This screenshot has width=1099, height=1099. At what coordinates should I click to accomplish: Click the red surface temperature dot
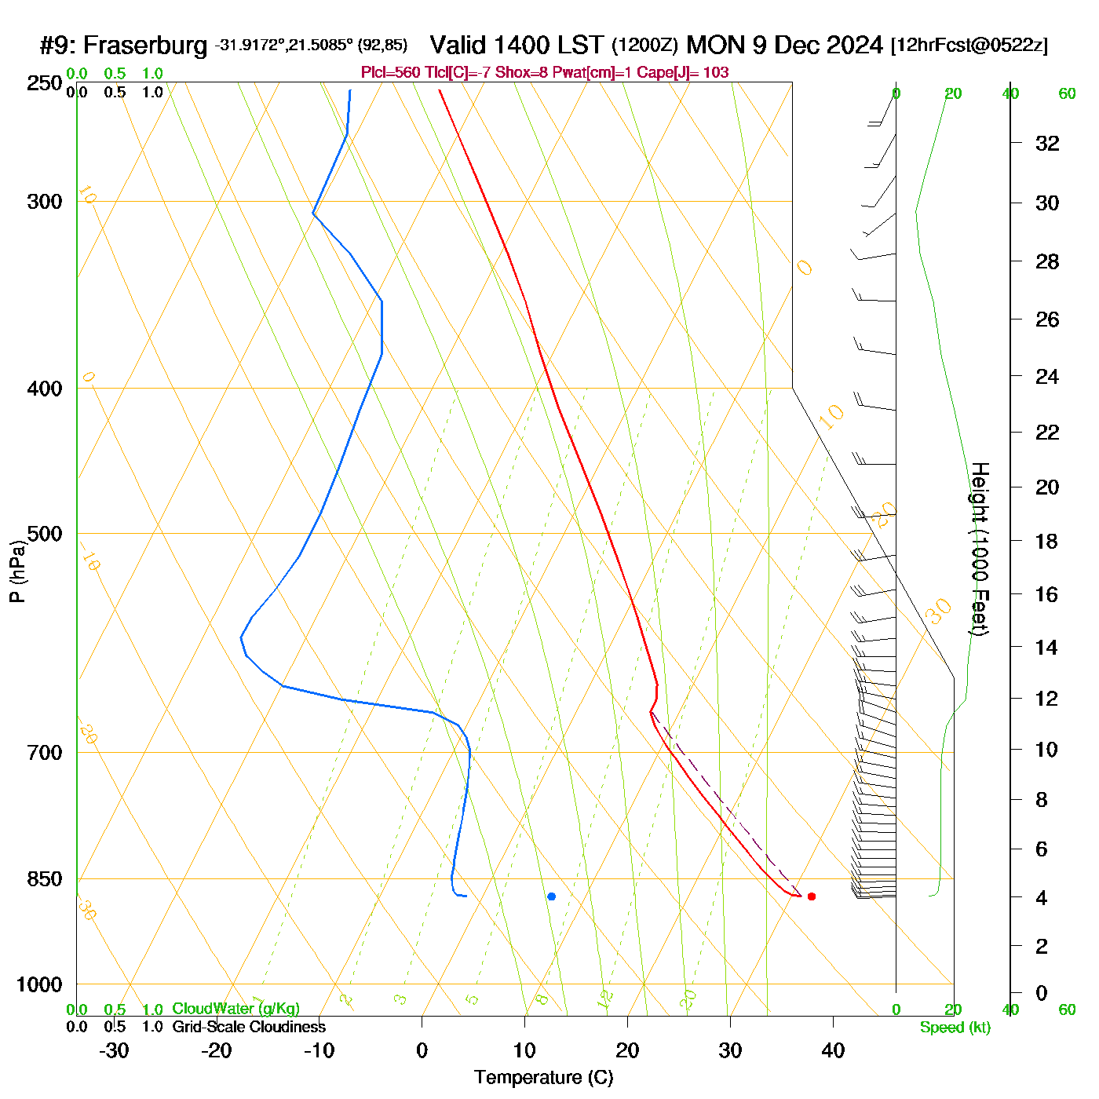(x=812, y=896)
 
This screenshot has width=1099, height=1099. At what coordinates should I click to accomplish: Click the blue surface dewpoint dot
(x=551, y=896)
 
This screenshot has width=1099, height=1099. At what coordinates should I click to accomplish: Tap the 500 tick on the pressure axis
(x=46, y=534)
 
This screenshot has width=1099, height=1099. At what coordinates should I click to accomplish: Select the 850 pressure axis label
(x=44, y=879)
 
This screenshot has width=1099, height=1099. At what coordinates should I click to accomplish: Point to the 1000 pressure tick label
(x=39, y=984)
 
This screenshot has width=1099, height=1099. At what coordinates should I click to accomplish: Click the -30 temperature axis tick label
(x=114, y=1050)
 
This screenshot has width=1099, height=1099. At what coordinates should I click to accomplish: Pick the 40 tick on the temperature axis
(x=833, y=1050)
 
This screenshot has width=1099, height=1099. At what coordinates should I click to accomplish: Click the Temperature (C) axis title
(x=543, y=1077)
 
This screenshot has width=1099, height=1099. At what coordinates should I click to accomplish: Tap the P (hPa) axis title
(x=17, y=571)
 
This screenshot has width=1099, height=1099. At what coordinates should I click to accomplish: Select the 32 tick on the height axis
(x=1047, y=143)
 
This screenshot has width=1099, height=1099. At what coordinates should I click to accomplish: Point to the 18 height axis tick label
(x=1047, y=541)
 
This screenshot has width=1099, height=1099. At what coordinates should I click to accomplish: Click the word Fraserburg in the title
(x=145, y=46)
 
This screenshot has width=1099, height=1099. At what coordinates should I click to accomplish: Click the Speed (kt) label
(x=955, y=1028)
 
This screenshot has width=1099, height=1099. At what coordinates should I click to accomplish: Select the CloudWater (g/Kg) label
(x=235, y=1009)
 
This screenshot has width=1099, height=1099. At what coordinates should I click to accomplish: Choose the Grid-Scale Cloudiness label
(x=249, y=1027)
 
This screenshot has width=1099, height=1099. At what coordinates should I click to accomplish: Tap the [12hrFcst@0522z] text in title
(x=969, y=46)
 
